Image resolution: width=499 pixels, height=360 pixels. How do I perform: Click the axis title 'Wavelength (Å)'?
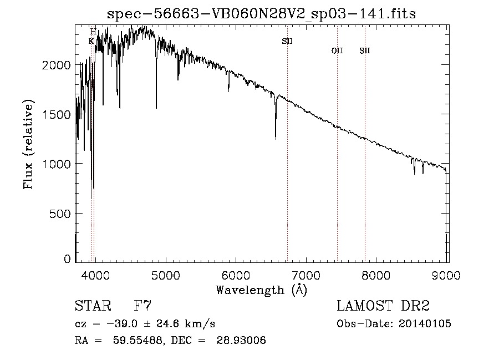tap(261, 290)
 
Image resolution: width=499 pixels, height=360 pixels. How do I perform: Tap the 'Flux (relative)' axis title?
tap(29, 144)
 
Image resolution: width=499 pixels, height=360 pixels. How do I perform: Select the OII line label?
tap(337, 51)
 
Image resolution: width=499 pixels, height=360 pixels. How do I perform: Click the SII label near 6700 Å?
tap(287, 41)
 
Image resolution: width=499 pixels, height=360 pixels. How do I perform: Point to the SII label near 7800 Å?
tap(364, 51)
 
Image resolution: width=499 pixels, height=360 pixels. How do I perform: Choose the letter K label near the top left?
tap(91, 41)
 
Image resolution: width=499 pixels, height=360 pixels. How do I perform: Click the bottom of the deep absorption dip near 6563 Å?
tap(276, 139)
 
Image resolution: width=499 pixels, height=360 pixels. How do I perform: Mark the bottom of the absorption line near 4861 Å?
tap(156, 108)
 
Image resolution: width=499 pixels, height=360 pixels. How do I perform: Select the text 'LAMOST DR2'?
tap(383, 307)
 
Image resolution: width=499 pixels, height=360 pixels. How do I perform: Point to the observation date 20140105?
tap(425, 324)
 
